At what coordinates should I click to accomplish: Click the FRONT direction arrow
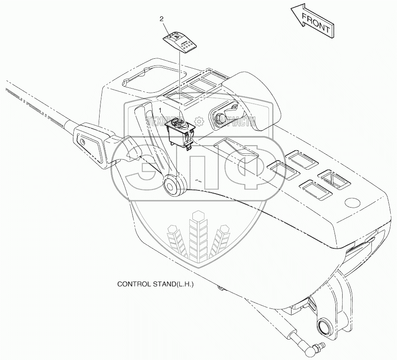[x=312, y=23]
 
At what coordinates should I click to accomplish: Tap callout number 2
[x=162, y=19]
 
